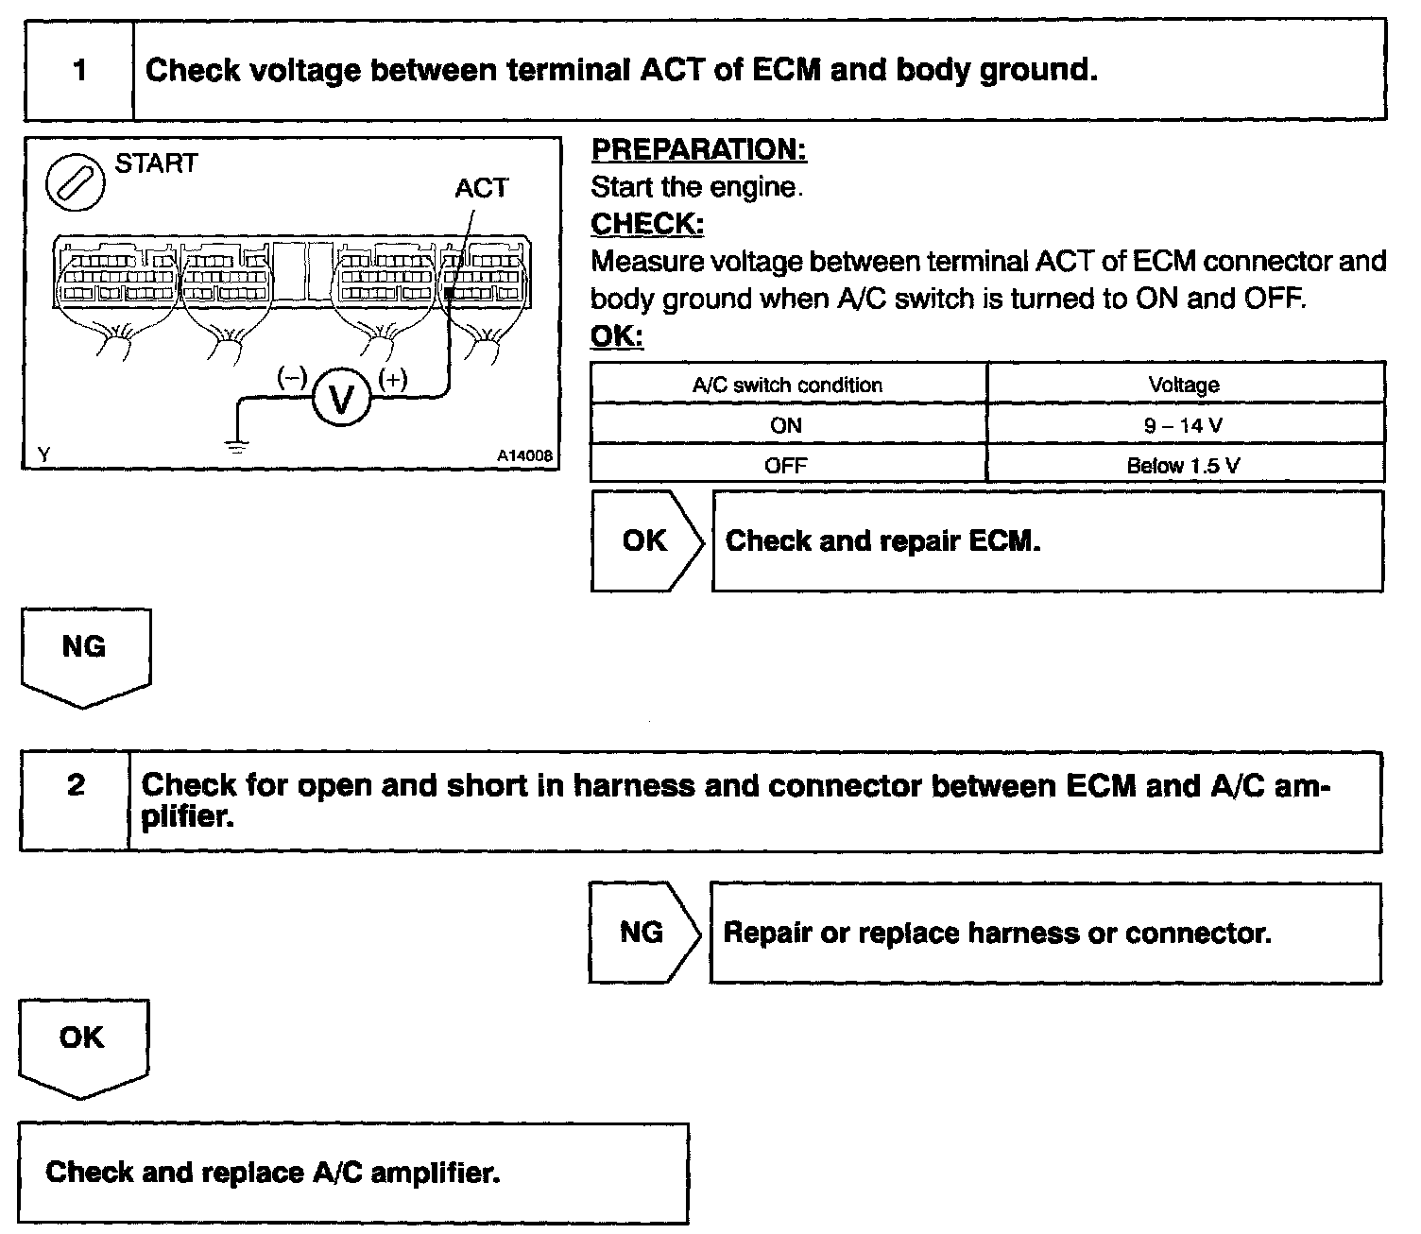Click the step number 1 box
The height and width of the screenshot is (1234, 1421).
pyautogui.click(x=79, y=71)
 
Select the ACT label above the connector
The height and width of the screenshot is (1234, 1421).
pyautogui.click(x=481, y=188)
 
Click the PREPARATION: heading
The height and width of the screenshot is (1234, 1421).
pyautogui.click(x=698, y=149)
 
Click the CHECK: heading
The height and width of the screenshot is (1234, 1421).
pyautogui.click(x=647, y=224)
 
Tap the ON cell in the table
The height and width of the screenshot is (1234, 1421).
pyautogui.click(x=786, y=425)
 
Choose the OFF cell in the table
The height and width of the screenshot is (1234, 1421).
pyautogui.click(x=786, y=465)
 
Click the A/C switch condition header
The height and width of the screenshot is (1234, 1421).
pyautogui.click(x=787, y=385)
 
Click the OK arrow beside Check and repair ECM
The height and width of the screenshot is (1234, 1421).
pyautogui.click(x=646, y=541)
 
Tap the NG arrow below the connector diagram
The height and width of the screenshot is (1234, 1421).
pyautogui.click(x=84, y=652)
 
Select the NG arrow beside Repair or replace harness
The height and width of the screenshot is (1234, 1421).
pyautogui.click(x=642, y=933)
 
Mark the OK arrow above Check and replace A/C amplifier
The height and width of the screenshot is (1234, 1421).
pyautogui.click(x=82, y=1042)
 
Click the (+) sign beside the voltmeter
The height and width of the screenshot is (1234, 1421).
pyautogui.click(x=393, y=380)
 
